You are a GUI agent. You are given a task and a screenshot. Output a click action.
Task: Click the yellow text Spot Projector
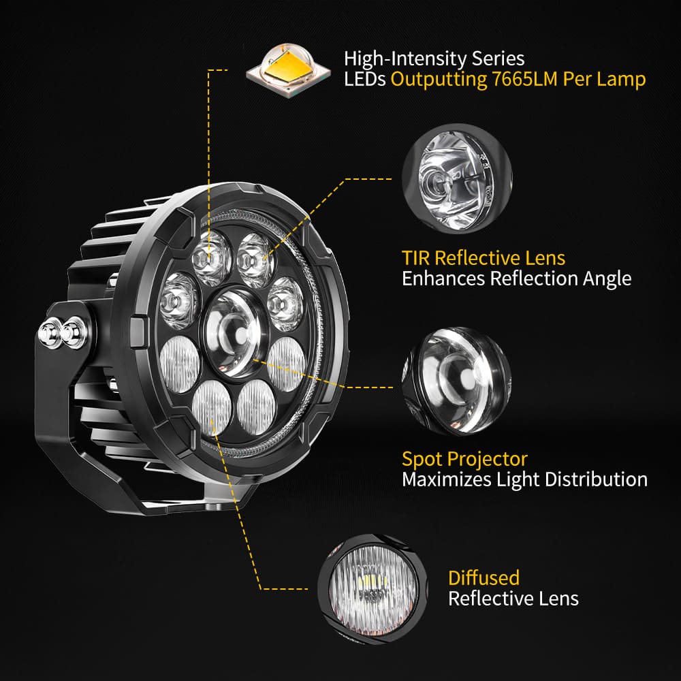464,458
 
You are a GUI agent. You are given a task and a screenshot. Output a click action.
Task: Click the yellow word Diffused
484,578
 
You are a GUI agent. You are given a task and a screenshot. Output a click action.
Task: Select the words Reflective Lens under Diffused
513,599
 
